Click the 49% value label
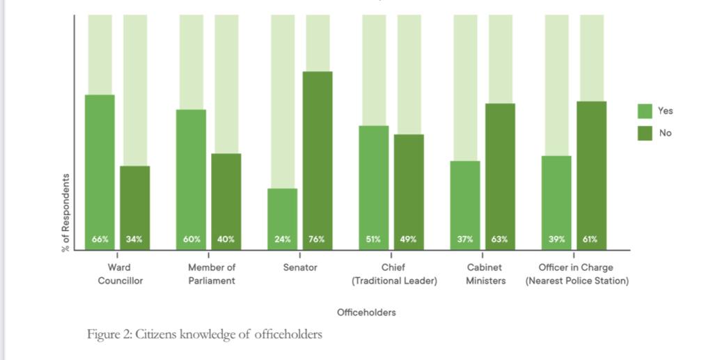(408, 240)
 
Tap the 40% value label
(226, 240)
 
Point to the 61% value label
(590, 240)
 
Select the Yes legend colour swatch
(645, 111)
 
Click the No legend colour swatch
(645, 132)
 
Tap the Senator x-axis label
(300, 267)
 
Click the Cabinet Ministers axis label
(485, 274)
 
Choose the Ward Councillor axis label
(120, 274)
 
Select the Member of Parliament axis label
(212, 274)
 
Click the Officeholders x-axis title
(366, 313)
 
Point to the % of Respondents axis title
(66, 212)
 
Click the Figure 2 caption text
(205, 335)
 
